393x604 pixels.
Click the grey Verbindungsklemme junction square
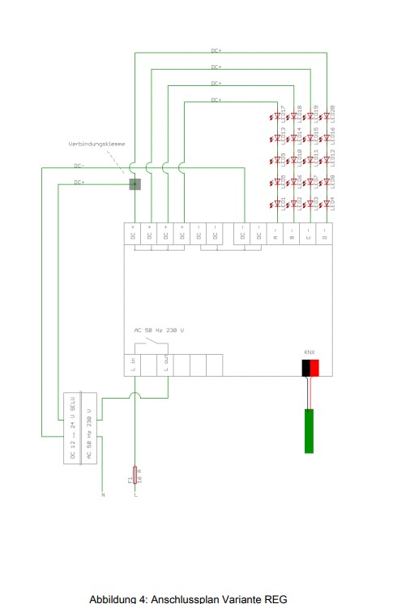point(135,184)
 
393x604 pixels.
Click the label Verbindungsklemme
point(97,145)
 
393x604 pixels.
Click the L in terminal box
point(133,366)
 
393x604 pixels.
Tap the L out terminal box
point(167,366)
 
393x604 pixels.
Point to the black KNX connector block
point(305,368)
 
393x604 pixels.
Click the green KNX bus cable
point(310,430)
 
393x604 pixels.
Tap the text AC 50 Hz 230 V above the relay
point(159,331)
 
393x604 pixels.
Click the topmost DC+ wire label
point(216,50)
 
